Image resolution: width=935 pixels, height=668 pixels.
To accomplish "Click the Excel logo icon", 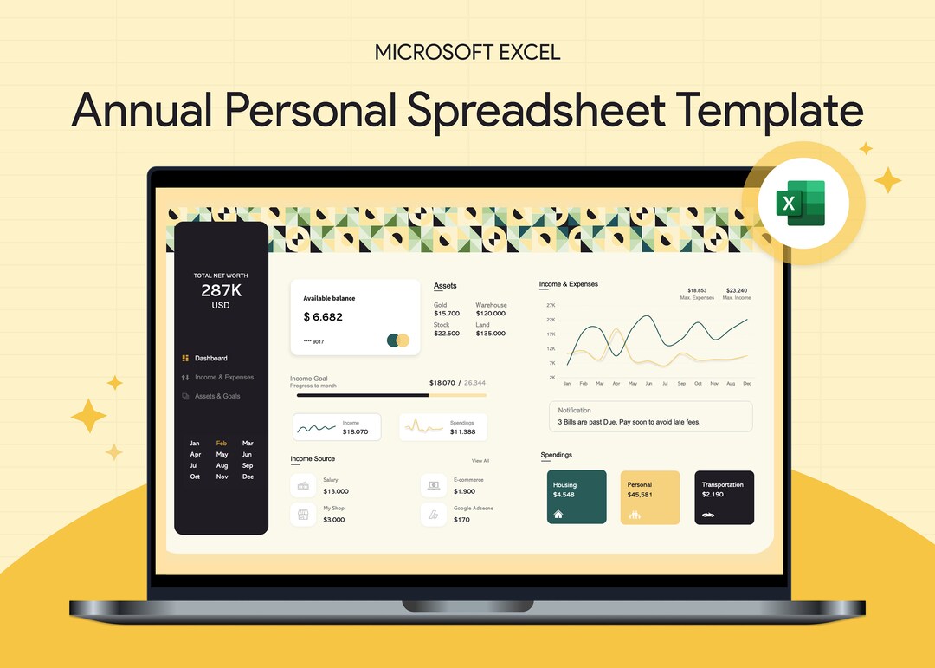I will pyautogui.click(x=804, y=204).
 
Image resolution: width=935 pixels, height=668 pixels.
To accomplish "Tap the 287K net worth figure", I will pyautogui.click(x=221, y=290).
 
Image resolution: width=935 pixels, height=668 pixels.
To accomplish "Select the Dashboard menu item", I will pyautogui.click(x=210, y=358).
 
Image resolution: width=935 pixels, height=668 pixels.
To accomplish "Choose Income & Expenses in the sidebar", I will pyautogui.click(x=223, y=378).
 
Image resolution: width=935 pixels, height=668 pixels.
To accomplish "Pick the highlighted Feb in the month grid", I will pyautogui.click(x=222, y=444).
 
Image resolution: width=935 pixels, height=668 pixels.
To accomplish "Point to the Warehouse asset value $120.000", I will pyautogui.click(x=490, y=314).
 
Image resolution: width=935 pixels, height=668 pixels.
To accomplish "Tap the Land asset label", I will pyautogui.click(x=482, y=325).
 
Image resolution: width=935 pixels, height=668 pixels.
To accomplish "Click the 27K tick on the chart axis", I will pyautogui.click(x=551, y=305).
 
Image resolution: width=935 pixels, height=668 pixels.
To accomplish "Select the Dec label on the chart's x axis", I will pyautogui.click(x=746, y=383).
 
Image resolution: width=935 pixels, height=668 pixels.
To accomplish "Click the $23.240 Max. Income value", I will pyautogui.click(x=737, y=290).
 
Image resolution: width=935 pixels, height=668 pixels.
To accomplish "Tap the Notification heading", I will pyautogui.click(x=574, y=411).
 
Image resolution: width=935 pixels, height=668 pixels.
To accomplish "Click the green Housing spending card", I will pyautogui.click(x=577, y=497).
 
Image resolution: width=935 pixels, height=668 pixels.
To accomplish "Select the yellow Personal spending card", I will pyautogui.click(x=650, y=497).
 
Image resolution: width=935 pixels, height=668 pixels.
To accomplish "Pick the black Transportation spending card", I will pyautogui.click(x=724, y=497).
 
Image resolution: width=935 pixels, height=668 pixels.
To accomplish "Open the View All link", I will pyautogui.click(x=480, y=461).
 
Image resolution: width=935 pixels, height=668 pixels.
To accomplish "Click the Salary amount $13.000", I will pyautogui.click(x=336, y=491).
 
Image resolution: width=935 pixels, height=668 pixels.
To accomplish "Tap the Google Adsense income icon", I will pyautogui.click(x=434, y=515).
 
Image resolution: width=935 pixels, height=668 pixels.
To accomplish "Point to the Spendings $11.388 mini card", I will pyautogui.click(x=443, y=427).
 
